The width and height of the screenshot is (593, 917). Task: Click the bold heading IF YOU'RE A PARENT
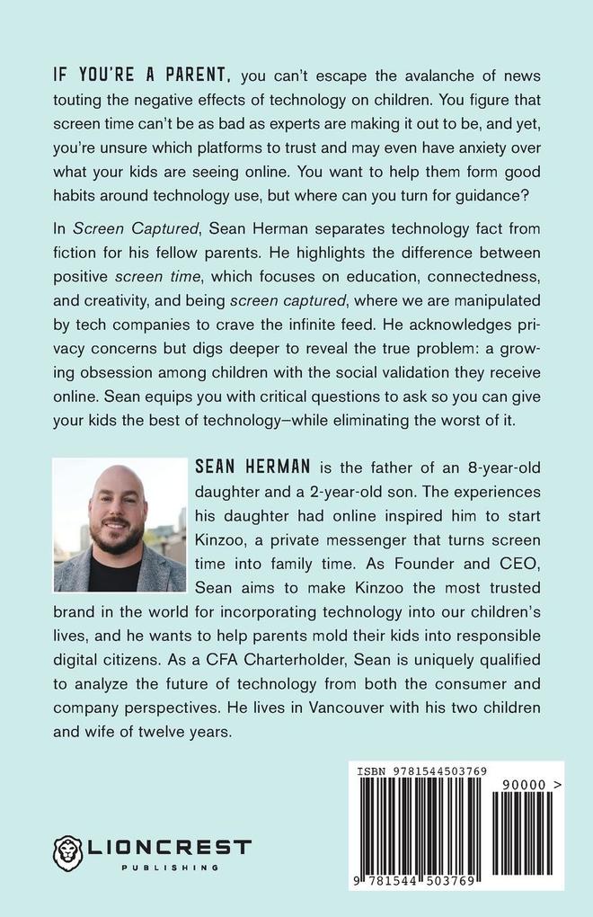[143, 73]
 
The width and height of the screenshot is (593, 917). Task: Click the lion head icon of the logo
[68, 852]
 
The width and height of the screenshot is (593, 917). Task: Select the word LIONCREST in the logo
[170, 847]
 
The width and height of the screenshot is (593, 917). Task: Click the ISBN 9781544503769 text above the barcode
[422, 770]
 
